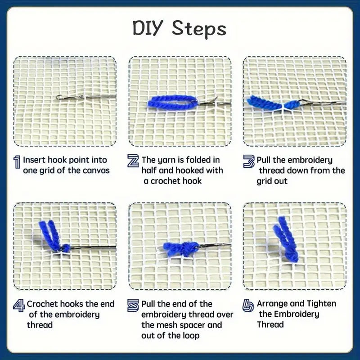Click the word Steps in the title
tap(199, 29)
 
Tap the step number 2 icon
tap(133, 161)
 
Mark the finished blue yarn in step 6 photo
tap(283, 238)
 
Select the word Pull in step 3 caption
tap(265, 160)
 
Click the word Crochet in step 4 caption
tap(42, 304)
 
